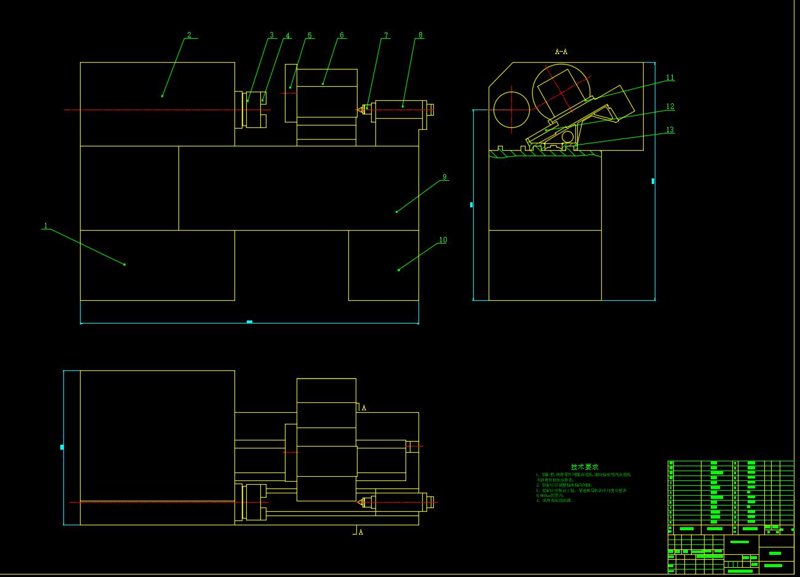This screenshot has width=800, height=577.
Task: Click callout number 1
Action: pos(45,226)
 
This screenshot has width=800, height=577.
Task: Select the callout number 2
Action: pos(189,35)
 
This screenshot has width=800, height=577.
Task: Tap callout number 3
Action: pos(271,35)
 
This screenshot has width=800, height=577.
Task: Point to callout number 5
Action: pos(310,35)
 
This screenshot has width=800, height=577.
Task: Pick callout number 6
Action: pos(342,35)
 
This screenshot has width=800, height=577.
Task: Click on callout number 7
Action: pos(386,35)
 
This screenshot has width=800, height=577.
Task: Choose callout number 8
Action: pos(420,35)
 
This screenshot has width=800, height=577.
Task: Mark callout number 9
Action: pos(444,177)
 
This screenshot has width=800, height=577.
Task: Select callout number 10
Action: pos(442,240)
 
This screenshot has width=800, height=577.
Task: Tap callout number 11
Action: pos(670,78)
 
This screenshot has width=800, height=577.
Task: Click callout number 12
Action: pos(670,106)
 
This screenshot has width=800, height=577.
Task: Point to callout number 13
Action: pos(670,130)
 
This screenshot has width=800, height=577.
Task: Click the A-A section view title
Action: pos(561,52)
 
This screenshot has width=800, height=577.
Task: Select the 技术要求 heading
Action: pos(584,467)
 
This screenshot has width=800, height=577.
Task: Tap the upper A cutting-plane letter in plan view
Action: pos(364,408)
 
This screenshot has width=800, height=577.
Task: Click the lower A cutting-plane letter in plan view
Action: pos(361,532)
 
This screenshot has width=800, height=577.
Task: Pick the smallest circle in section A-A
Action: pos(567,136)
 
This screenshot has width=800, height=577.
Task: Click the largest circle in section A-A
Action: pos(561,93)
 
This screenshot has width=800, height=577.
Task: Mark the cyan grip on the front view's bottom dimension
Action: pos(249,322)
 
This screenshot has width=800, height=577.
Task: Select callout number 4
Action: pos(287,35)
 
